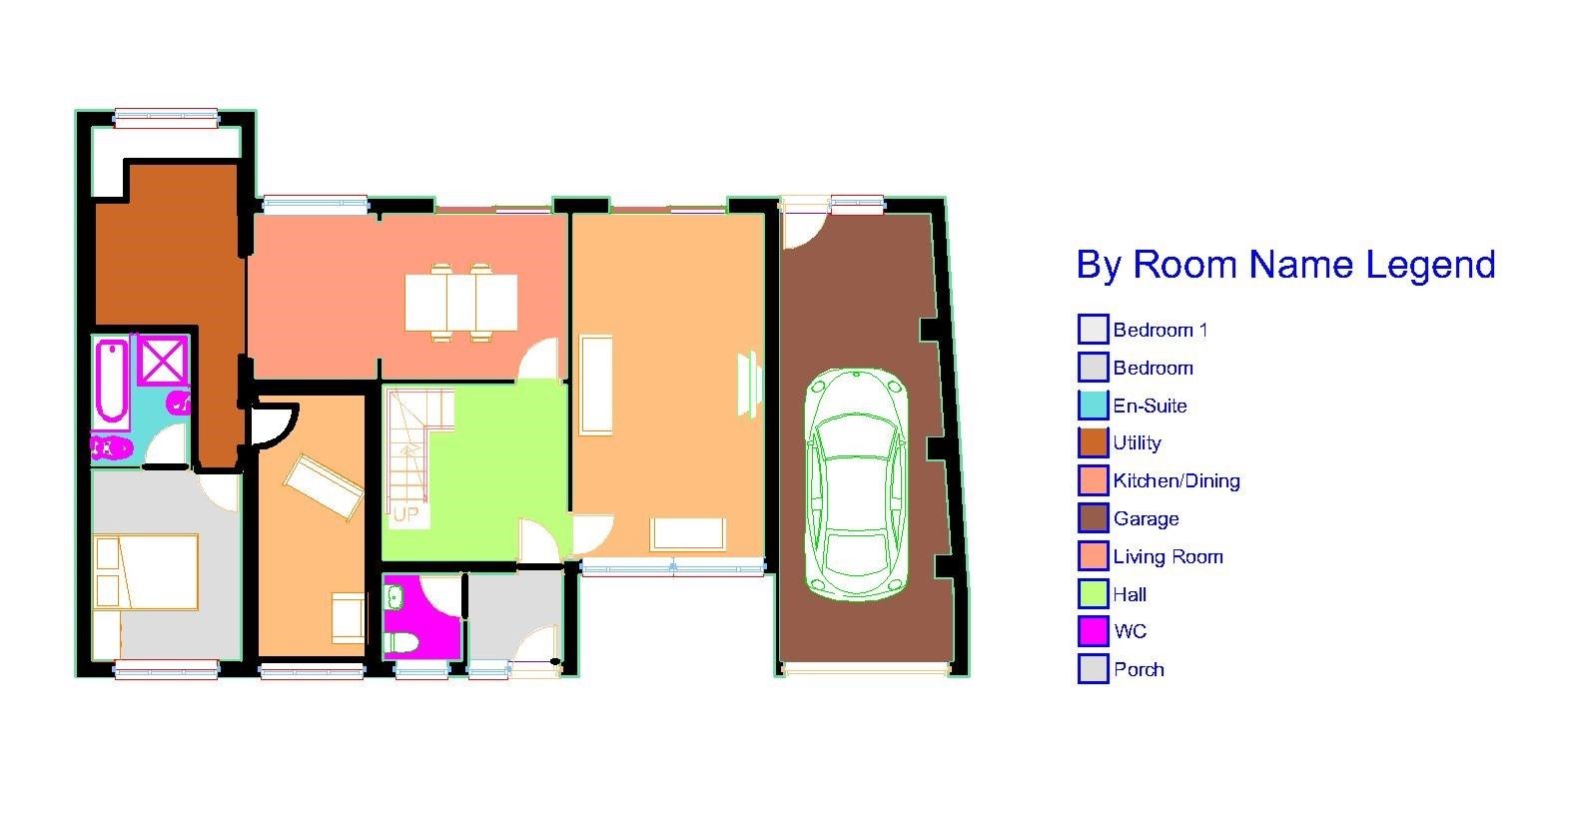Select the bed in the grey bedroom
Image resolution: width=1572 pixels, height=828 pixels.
pyautogui.click(x=146, y=571)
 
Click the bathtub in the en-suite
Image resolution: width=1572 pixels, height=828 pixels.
pyautogui.click(x=111, y=381)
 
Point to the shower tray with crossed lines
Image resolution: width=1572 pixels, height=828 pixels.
pyautogui.click(x=162, y=361)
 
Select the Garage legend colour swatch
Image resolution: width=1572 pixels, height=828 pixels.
pyautogui.click(x=1094, y=518)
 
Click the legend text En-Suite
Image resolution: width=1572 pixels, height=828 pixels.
pyautogui.click(x=1150, y=406)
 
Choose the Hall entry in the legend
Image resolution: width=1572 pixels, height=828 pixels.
pyautogui.click(x=1130, y=594)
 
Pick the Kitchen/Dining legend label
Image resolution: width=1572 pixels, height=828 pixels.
pyautogui.click(x=1177, y=480)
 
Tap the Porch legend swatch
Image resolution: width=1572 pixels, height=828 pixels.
pyautogui.click(x=1094, y=669)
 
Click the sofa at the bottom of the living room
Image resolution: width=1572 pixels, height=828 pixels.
pyautogui.click(x=687, y=534)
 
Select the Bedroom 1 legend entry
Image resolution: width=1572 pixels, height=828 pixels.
pyautogui.click(x=1160, y=330)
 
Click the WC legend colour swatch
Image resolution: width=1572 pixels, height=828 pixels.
pyautogui.click(x=1094, y=631)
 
